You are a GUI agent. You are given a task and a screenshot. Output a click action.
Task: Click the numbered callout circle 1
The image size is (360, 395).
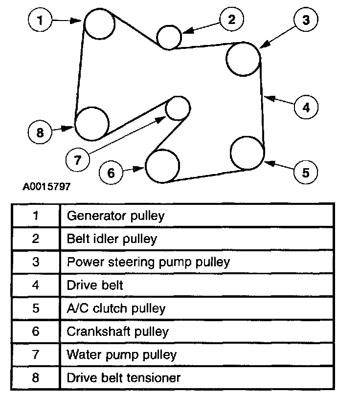[40, 21]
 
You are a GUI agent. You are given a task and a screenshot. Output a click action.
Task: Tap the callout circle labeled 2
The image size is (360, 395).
[231, 20]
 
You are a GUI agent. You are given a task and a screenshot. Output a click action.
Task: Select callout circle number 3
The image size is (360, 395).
[305, 20]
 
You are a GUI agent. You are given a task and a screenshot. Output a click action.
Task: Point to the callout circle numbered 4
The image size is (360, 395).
[306, 107]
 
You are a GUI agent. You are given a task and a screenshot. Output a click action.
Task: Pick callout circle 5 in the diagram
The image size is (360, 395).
[305, 172]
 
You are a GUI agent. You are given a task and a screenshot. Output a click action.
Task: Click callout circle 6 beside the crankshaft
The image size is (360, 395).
[111, 172]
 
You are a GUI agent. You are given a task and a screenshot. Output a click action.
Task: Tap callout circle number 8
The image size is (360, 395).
[40, 132]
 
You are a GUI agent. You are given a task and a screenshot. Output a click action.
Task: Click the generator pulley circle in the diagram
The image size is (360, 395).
[100, 23]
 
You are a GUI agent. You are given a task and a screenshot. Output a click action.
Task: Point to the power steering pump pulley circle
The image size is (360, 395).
[243, 59]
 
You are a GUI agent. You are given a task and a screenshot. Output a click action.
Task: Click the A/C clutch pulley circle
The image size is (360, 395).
[247, 153]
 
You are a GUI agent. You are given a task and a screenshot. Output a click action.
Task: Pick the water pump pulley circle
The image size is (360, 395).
[177, 108]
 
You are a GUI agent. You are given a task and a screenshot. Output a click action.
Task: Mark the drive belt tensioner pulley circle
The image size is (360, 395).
[91, 123]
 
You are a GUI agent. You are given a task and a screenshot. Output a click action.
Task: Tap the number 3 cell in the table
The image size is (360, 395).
[35, 262]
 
